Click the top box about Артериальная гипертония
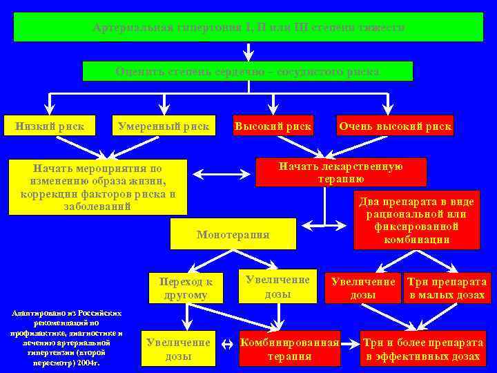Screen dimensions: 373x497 pos(248,27)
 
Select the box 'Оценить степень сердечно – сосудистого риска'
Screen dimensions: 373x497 pos(248,71)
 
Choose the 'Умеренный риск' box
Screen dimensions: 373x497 pos(163,126)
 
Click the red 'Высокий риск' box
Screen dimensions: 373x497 pos(273,126)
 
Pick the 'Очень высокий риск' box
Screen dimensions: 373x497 pos(395,126)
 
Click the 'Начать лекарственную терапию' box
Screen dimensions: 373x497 pos(341,172)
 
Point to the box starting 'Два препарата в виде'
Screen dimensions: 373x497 pos(416,220)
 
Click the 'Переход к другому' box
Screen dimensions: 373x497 pos(186,289)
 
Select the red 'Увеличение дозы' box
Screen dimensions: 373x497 pos(362,288)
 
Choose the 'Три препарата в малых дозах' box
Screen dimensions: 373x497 pos(447,288)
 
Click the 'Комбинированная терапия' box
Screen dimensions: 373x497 pos(289,350)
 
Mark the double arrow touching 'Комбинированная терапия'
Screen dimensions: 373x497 pos(227,343)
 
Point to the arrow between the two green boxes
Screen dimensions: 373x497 pos(248,52)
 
